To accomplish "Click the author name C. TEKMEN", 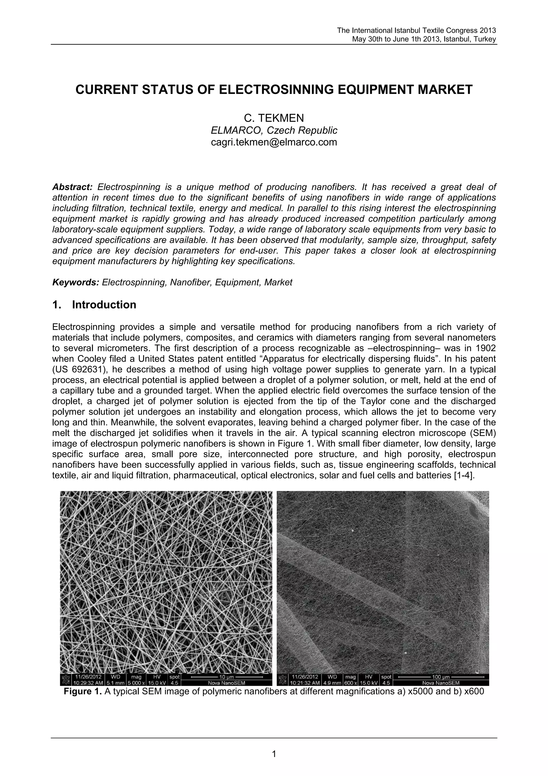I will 274,118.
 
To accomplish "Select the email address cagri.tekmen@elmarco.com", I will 274,142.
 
